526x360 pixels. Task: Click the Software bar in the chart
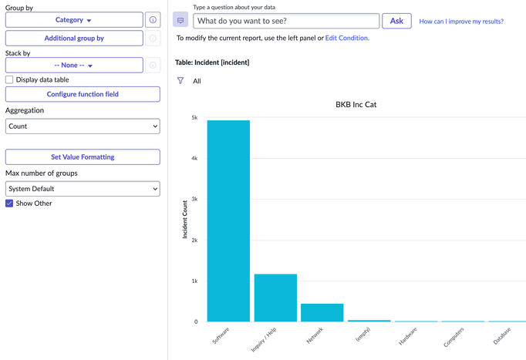[228, 220]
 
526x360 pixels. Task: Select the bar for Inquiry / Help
[275, 298]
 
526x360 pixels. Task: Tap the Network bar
[322, 312]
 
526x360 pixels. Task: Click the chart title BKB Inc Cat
[356, 104]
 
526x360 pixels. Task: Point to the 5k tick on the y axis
[194, 118]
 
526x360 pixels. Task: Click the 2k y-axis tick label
[194, 241]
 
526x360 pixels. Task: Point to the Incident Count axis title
[185, 219]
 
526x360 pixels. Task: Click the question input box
[286, 21]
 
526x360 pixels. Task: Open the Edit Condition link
[346, 38]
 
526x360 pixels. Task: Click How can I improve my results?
[461, 22]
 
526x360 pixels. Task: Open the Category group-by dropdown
[74, 20]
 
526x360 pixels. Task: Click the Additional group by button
[74, 38]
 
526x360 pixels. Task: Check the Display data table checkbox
[9, 79]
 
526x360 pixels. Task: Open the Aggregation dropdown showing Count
[83, 126]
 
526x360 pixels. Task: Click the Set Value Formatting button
[83, 157]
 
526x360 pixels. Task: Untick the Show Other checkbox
[9, 204]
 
